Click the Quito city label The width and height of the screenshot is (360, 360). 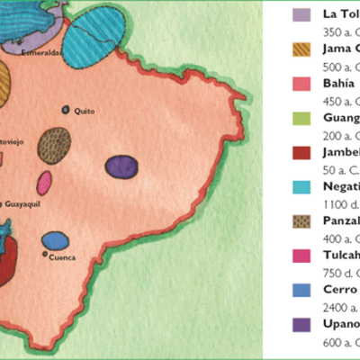84,111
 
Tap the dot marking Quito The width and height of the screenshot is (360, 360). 66,110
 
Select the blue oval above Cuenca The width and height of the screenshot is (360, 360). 56,240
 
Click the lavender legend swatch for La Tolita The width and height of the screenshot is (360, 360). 303,15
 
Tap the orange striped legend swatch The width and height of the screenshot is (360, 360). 303,49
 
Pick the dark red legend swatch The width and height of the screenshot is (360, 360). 303,153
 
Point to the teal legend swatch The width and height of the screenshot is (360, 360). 303,187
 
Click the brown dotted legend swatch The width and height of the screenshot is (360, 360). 303,221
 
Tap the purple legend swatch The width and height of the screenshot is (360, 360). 303,324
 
